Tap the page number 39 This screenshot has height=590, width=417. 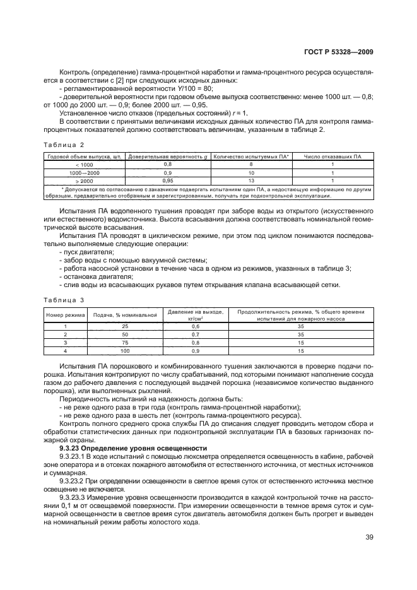(x=368, y=538)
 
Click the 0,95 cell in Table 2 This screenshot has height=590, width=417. (x=168, y=180)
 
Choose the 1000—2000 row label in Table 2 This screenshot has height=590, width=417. (x=84, y=172)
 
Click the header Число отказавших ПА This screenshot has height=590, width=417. (x=332, y=156)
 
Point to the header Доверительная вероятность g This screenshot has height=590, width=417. (x=168, y=156)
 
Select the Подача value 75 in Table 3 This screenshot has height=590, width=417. (x=125, y=343)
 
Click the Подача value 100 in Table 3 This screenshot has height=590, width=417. (x=125, y=351)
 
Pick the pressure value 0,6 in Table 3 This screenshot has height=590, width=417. (x=195, y=327)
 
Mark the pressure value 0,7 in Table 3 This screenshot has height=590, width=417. (x=195, y=334)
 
